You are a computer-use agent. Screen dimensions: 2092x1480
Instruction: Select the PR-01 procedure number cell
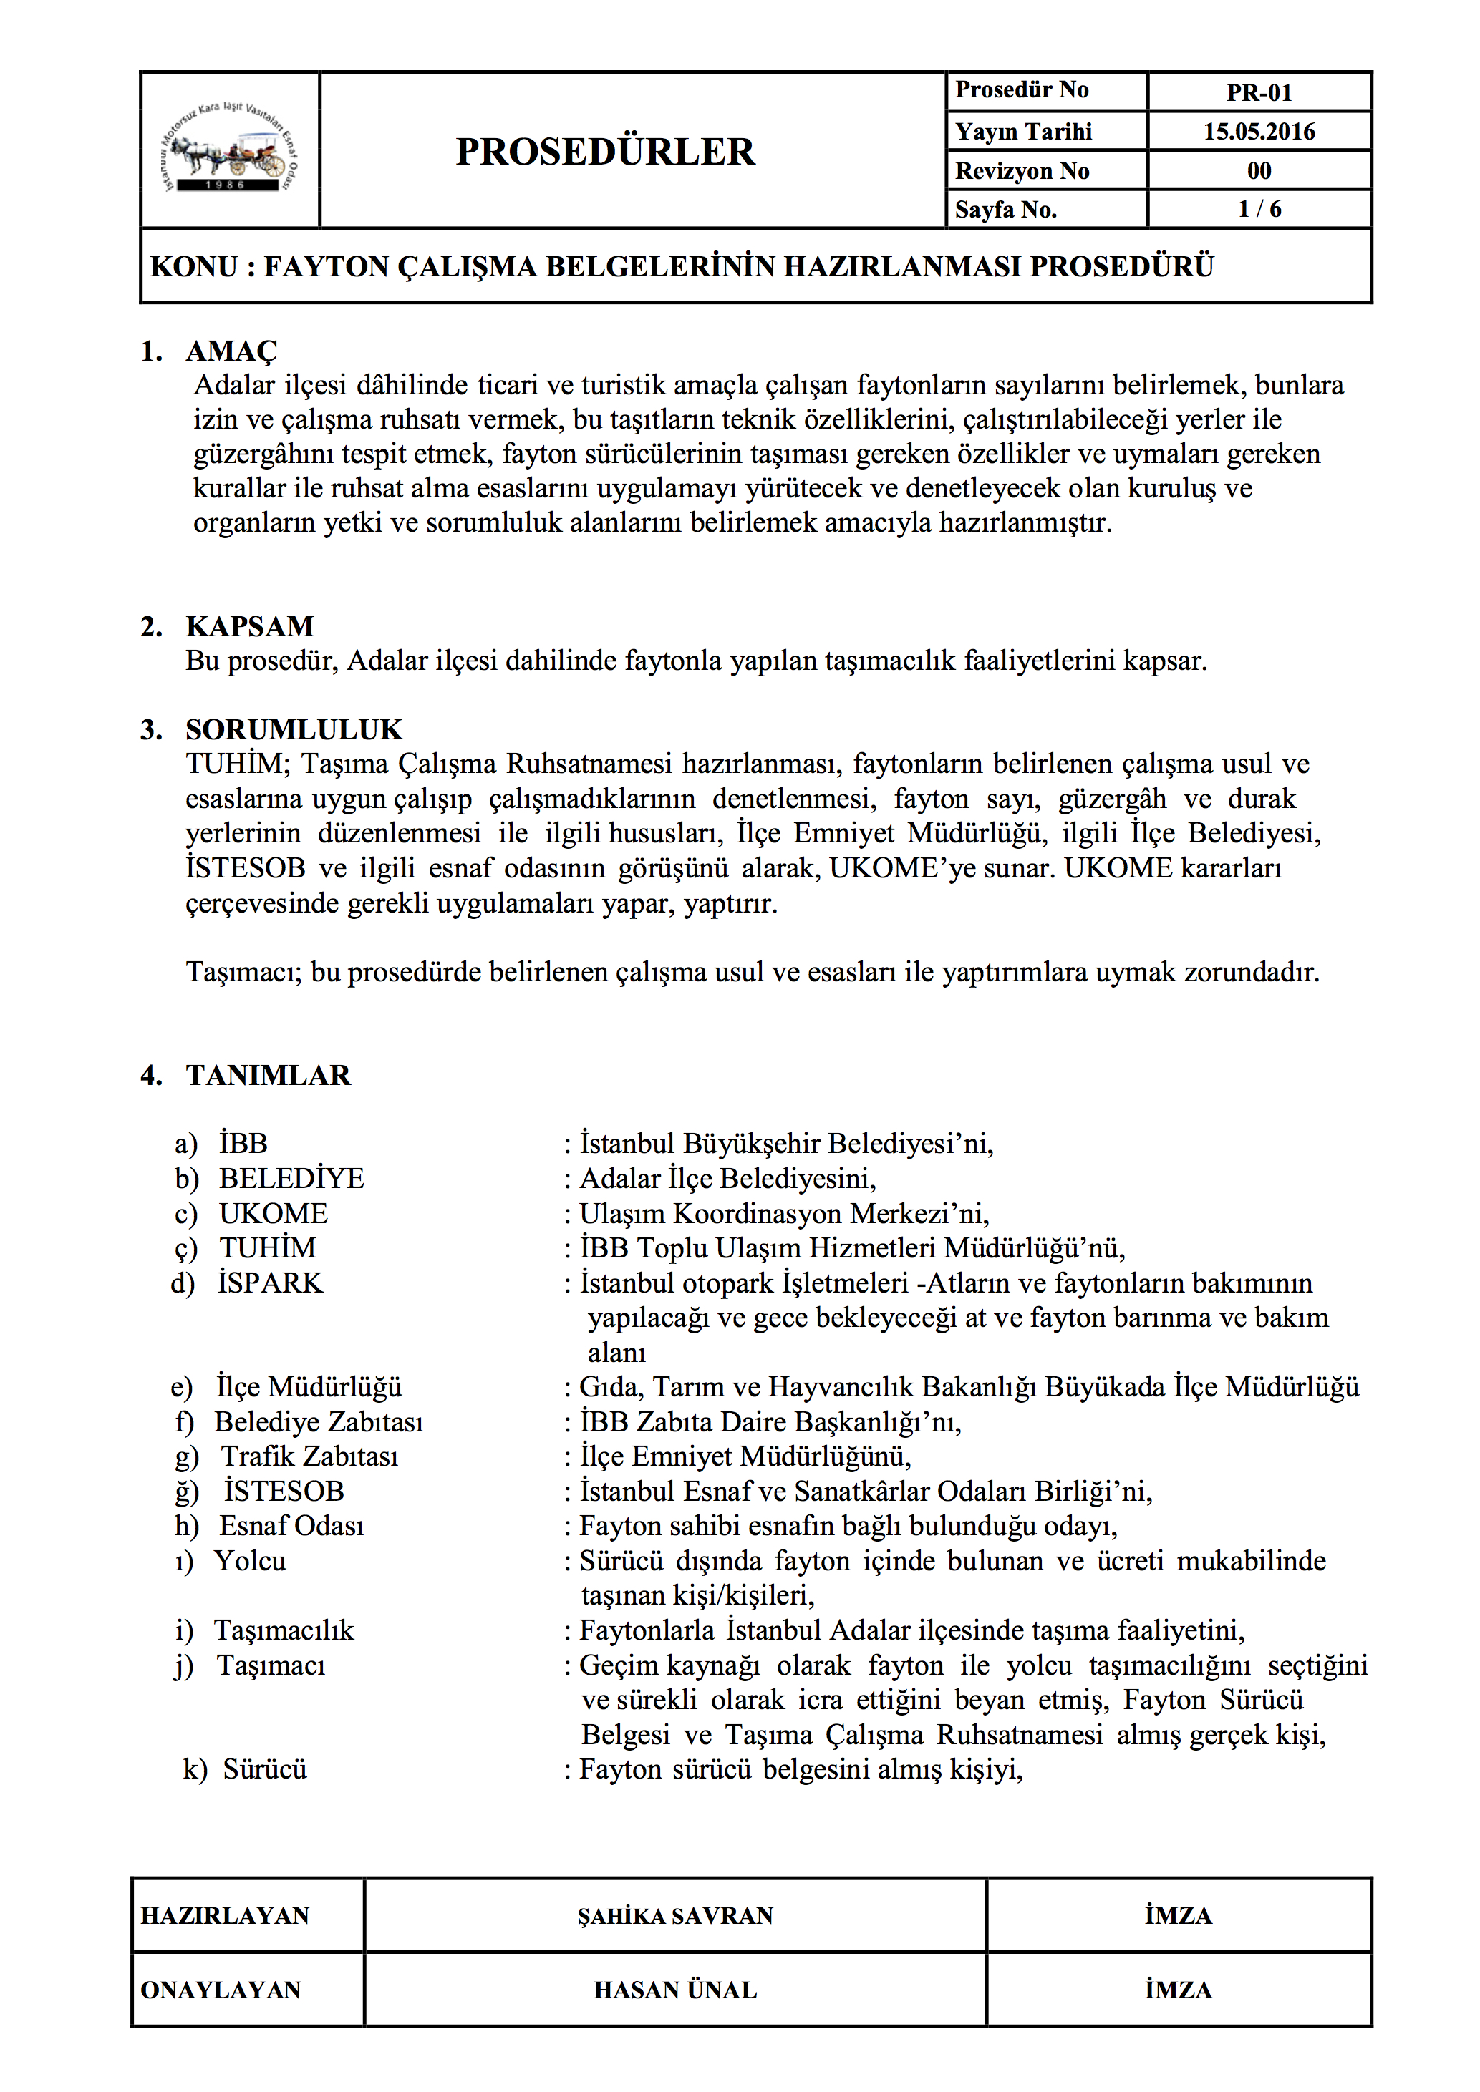pos(1259,92)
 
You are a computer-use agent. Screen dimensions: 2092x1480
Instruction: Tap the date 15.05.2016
pos(1259,131)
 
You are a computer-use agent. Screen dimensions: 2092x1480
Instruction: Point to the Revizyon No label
pos(1022,170)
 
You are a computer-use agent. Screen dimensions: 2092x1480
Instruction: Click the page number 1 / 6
pos(1259,209)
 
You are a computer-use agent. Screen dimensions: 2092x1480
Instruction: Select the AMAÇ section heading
pos(231,351)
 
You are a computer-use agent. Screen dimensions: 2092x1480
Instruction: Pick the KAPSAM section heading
pos(250,626)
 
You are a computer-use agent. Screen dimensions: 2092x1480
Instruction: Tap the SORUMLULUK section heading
pos(294,729)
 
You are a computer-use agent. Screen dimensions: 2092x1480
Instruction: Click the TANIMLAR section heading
pos(268,1075)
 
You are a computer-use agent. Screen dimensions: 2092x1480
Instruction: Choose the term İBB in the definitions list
pos(243,1144)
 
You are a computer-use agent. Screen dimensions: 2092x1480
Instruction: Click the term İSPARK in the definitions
pos(271,1283)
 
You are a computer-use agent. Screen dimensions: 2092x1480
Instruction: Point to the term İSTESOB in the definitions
pos(284,1492)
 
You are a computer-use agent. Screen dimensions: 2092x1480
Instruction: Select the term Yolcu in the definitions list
pos(251,1561)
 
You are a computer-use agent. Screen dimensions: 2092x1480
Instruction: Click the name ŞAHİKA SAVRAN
pos(674,1915)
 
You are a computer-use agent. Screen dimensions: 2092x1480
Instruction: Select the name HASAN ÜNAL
pos(674,1990)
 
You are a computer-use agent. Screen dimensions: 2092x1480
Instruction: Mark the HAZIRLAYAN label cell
pos(225,1915)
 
